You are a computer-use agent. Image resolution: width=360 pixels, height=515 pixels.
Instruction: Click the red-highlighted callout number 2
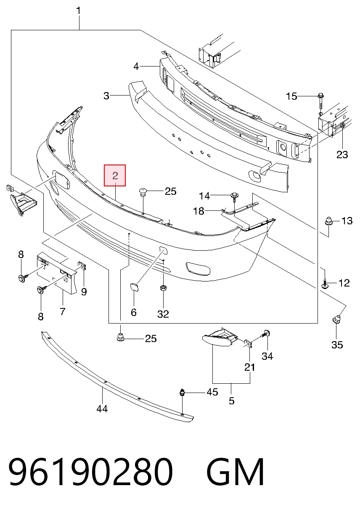click(x=115, y=175)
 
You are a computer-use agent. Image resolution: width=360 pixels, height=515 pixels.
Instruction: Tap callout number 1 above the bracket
click(x=79, y=11)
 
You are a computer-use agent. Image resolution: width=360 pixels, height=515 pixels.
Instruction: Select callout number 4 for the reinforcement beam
click(x=136, y=66)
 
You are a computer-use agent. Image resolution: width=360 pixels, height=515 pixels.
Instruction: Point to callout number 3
click(x=106, y=96)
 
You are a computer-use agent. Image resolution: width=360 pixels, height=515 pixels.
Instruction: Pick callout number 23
click(x=342, y=154)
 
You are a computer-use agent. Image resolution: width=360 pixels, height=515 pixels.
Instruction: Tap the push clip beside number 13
click(x=328, y=221)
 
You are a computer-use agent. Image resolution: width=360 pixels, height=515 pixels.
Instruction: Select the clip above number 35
click(x=336, y=319)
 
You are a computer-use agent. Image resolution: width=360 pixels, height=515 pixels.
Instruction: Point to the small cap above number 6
click(x=134, y=287)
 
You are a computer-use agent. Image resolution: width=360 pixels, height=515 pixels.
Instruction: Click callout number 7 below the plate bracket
click(x=63, y=311)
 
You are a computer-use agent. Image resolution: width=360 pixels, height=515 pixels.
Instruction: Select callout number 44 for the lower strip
click(x=102, y=409)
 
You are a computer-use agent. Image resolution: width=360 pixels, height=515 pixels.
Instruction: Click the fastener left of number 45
click(x=182, y=392)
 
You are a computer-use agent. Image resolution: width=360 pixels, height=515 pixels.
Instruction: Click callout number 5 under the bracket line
click(x=232, y=401)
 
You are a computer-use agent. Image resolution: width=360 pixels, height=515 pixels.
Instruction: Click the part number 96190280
click(x=90, y=471)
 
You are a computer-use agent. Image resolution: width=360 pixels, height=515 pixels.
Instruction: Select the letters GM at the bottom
click(x=235, y=471)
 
